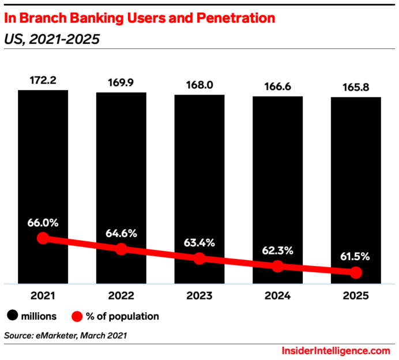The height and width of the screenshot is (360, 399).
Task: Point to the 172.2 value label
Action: tap(43, 79)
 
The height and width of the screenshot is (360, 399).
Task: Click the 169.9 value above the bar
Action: tap(121, 81)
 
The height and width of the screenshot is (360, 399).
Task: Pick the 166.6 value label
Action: tap(277, 85)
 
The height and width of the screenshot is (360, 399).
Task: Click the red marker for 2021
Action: tap(43, 238)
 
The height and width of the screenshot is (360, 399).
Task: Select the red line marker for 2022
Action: tap(121, 249)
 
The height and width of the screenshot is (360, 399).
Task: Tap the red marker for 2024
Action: tap(277, 267)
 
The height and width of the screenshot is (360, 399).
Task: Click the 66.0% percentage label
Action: tap(43, 222)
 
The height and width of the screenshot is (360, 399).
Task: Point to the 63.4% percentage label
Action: tap(199, 242)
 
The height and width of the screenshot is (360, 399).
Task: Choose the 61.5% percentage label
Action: tap(356, 256)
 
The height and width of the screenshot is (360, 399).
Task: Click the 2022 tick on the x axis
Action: tap(121, 295)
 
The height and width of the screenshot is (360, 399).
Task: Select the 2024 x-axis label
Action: tap(277, 295)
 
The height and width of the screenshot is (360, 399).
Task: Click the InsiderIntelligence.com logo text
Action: tap(336, 350)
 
